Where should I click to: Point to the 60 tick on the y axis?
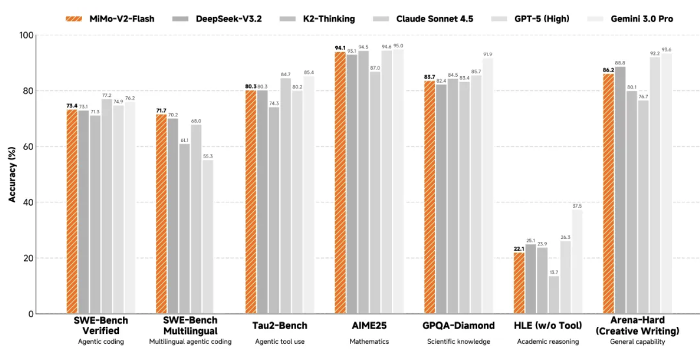click(27, 147)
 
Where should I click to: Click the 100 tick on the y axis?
click(25, 35)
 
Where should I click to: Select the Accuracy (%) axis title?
click(12, 174)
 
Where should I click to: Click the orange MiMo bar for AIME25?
click(340, 183)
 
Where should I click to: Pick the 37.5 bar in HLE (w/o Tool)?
click(577, 262)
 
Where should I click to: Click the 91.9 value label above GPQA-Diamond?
click(487, 54)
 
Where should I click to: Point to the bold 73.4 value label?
click(72, 105)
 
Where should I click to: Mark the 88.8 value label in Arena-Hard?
click(620, 63)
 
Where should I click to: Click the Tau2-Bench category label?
click(280, 326)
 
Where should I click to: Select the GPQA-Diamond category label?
click(459, 326)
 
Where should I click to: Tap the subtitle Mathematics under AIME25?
click(369, 342)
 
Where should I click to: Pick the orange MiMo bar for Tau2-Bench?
click(251, 202)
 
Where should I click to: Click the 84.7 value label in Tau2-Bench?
click(286, 74)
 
